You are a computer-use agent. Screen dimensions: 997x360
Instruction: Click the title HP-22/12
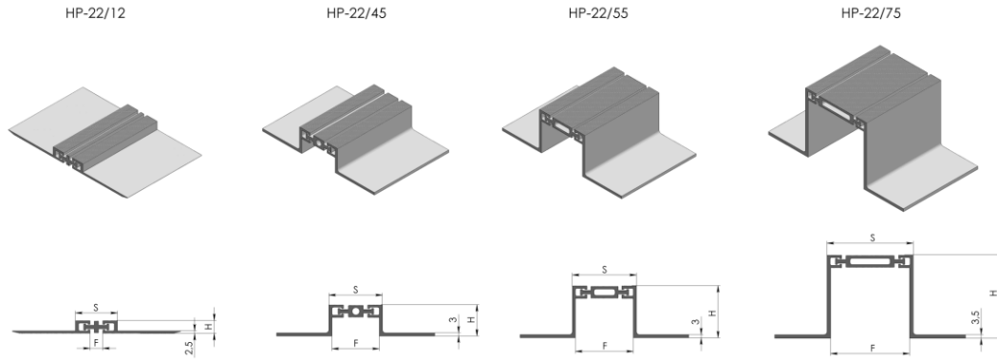[95, 13]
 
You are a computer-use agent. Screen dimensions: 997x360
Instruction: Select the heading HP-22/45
[356, 13]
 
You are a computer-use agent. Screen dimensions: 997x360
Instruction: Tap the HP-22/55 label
[598, 13]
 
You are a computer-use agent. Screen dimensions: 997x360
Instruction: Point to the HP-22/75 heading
[871, 13]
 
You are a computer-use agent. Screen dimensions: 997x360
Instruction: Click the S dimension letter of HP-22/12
[96, 308]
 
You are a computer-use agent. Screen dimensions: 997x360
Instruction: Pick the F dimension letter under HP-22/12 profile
[96, 342]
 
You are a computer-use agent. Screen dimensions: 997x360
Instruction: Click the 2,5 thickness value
[189, 348]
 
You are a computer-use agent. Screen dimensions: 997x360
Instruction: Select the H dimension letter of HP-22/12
[208, 327]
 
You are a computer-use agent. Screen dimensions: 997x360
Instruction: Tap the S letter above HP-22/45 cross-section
[355, 290]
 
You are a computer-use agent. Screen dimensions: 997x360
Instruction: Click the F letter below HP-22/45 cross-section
[355, 344]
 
